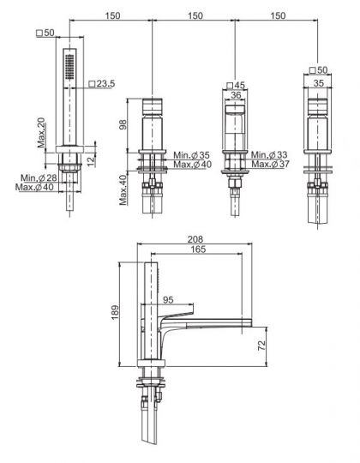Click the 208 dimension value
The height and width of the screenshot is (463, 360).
coord(195,239)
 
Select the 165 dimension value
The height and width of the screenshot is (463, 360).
coord(198,250)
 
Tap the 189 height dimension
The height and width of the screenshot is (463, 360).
coord(115,312)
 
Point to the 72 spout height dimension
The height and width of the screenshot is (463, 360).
coord(262,346)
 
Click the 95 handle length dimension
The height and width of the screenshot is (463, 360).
coord(168,300)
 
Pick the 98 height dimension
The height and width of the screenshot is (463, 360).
coord(123,124)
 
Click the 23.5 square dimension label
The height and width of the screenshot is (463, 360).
coord(102,84)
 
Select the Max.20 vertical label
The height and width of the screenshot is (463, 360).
coord(42,133)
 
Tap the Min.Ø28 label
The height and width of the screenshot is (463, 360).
coord(39,177)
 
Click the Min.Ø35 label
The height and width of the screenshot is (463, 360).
coord(191,155)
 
